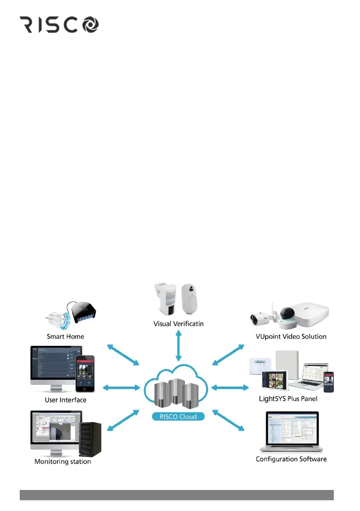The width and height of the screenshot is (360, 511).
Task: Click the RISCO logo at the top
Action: point(60,25)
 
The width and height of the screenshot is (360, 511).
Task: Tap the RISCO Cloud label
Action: point(178,416)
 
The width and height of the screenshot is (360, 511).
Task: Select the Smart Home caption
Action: point(66,336)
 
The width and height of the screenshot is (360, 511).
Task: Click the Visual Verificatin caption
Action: point(178,324)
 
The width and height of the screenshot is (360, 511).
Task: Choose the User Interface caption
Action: point(65,400)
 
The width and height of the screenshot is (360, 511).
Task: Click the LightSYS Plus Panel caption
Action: point(288,399)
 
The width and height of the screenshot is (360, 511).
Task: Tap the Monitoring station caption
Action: point(63,462)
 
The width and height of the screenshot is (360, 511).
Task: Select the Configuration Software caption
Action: point(291,459)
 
